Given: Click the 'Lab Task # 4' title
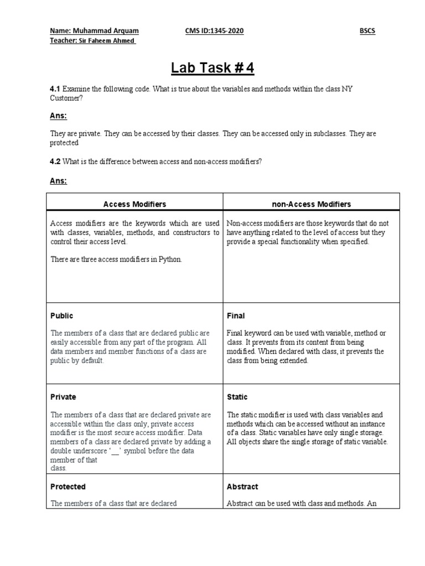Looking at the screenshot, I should (212, 69).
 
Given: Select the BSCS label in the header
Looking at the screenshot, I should (367, 31).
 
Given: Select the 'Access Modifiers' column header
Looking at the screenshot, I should (134, 204).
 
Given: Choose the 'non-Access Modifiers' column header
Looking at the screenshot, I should (311, 204).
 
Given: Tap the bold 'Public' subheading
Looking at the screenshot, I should (61, 316).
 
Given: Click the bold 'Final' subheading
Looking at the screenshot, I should (236, 316).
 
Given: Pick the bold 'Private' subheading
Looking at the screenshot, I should (63, 397).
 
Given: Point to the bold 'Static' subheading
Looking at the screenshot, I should (237, 397).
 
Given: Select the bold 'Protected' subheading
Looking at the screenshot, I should (68, 486).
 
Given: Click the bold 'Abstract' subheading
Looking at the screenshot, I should (242, 486).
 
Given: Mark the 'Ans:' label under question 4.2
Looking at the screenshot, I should (59, 180).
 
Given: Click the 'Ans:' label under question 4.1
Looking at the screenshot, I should (59, 116).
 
